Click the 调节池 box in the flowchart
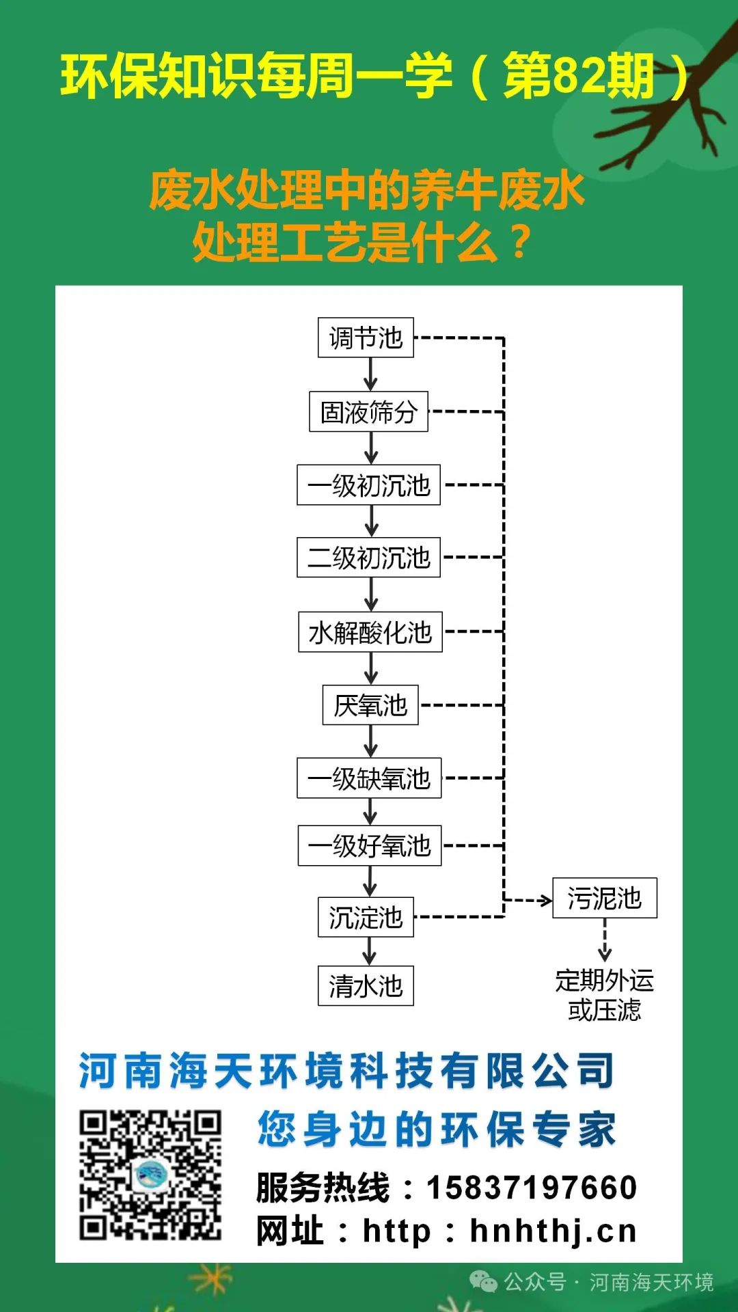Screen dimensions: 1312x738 click(x=366, y=338)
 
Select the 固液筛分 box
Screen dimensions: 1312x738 click(x=368, y=411)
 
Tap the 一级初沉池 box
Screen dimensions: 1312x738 click(x=368, y=485)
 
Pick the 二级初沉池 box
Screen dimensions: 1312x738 click(x=368, y=558)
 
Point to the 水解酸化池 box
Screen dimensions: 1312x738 click(x=370, y=632)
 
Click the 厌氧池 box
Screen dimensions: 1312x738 click(x=370, y=705)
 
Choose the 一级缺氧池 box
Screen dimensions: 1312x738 click(x=369, y=778)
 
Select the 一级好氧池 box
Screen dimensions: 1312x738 click(x=370, y=846)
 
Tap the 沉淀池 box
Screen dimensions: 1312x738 click(x=366, y=917)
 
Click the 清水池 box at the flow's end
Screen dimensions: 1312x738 click(x=366, y=985)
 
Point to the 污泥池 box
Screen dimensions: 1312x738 click(x=605, y=898)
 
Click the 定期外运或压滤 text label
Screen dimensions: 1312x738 click(x=605, y=995)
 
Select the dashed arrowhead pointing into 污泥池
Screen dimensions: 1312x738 click(x=545, y=901)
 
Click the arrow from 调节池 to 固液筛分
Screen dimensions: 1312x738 click(x=370, y=374)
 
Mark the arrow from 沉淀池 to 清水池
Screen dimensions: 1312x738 click(x=369, y=951)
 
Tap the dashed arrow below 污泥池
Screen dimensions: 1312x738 click(x=605, y=941)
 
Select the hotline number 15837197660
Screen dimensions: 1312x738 click(x=532, y=1188)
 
